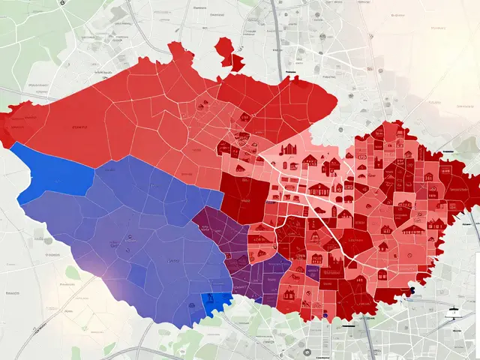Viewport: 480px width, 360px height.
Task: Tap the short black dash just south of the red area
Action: tap(348, 326)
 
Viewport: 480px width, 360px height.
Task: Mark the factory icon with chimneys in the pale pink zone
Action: tap(289, 149)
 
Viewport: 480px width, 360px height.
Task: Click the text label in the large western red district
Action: tap(76, 127)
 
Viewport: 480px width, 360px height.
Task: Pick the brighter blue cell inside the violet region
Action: tap(137, 275)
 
